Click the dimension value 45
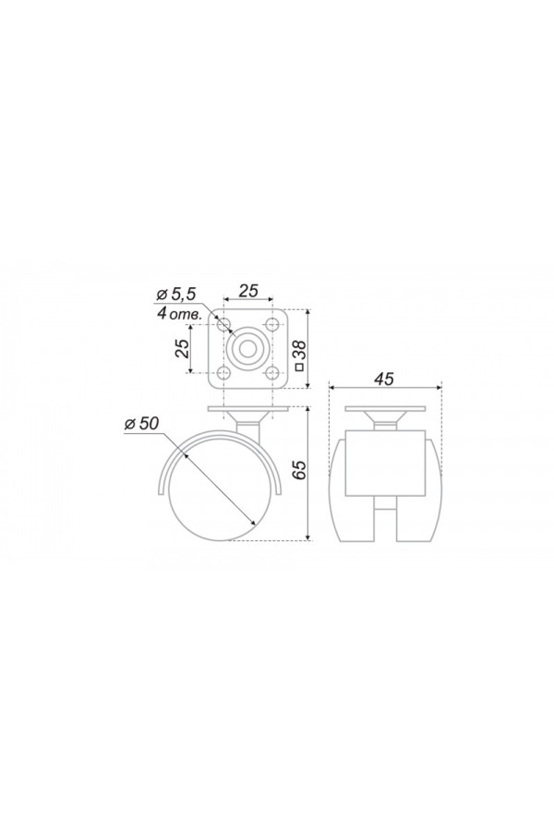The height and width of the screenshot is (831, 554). [384, 379]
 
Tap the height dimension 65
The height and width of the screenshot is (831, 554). [299, 470]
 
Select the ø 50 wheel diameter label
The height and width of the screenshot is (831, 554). [141, 424]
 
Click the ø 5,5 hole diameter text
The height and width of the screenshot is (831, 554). [176, 294]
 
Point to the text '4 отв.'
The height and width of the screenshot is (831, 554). [179, 313]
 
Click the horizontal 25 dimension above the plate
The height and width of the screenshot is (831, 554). [248, 291]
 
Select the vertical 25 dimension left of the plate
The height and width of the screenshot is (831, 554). [183, 349]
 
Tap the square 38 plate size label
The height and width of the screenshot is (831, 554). [299, 355]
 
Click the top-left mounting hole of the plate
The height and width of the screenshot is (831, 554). [224, 323]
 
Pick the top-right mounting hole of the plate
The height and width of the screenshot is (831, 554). [272, 323]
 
